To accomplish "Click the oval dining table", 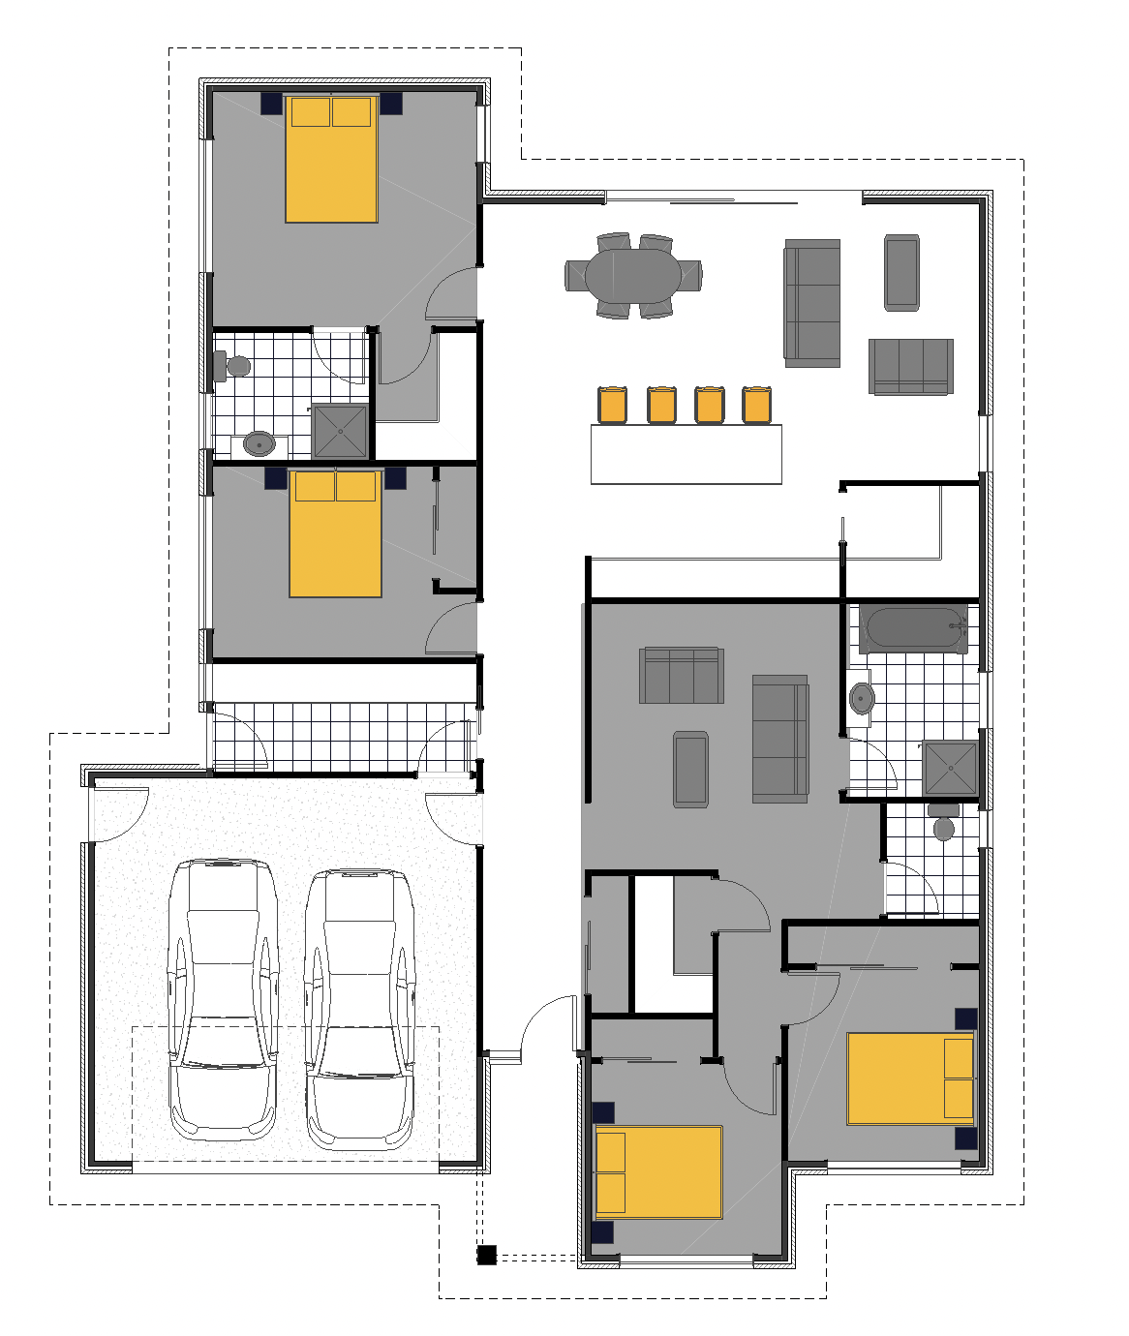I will coord(633,276).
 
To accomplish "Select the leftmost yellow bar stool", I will coord(612,405).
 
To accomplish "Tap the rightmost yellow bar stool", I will coord(756,405).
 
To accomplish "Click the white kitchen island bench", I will coord(686,454).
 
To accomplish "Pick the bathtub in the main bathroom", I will coord(915,629).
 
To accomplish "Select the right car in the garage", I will coord(359,1007).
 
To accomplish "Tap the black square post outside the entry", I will coord(486,1256).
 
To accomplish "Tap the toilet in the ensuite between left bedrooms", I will coord(234,366).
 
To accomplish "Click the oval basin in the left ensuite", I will coord(259,443).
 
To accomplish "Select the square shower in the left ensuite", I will coord(341,431).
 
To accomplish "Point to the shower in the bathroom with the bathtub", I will coord(950,767).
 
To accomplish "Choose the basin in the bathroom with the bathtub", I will coord(862,697).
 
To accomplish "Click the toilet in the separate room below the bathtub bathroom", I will coord(943,823).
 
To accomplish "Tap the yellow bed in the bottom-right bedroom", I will coord(910,1078).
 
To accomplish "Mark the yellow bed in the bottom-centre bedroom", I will coord(658,1171).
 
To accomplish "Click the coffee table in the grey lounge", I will coord(690,770).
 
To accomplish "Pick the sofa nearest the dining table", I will coord(811,303).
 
